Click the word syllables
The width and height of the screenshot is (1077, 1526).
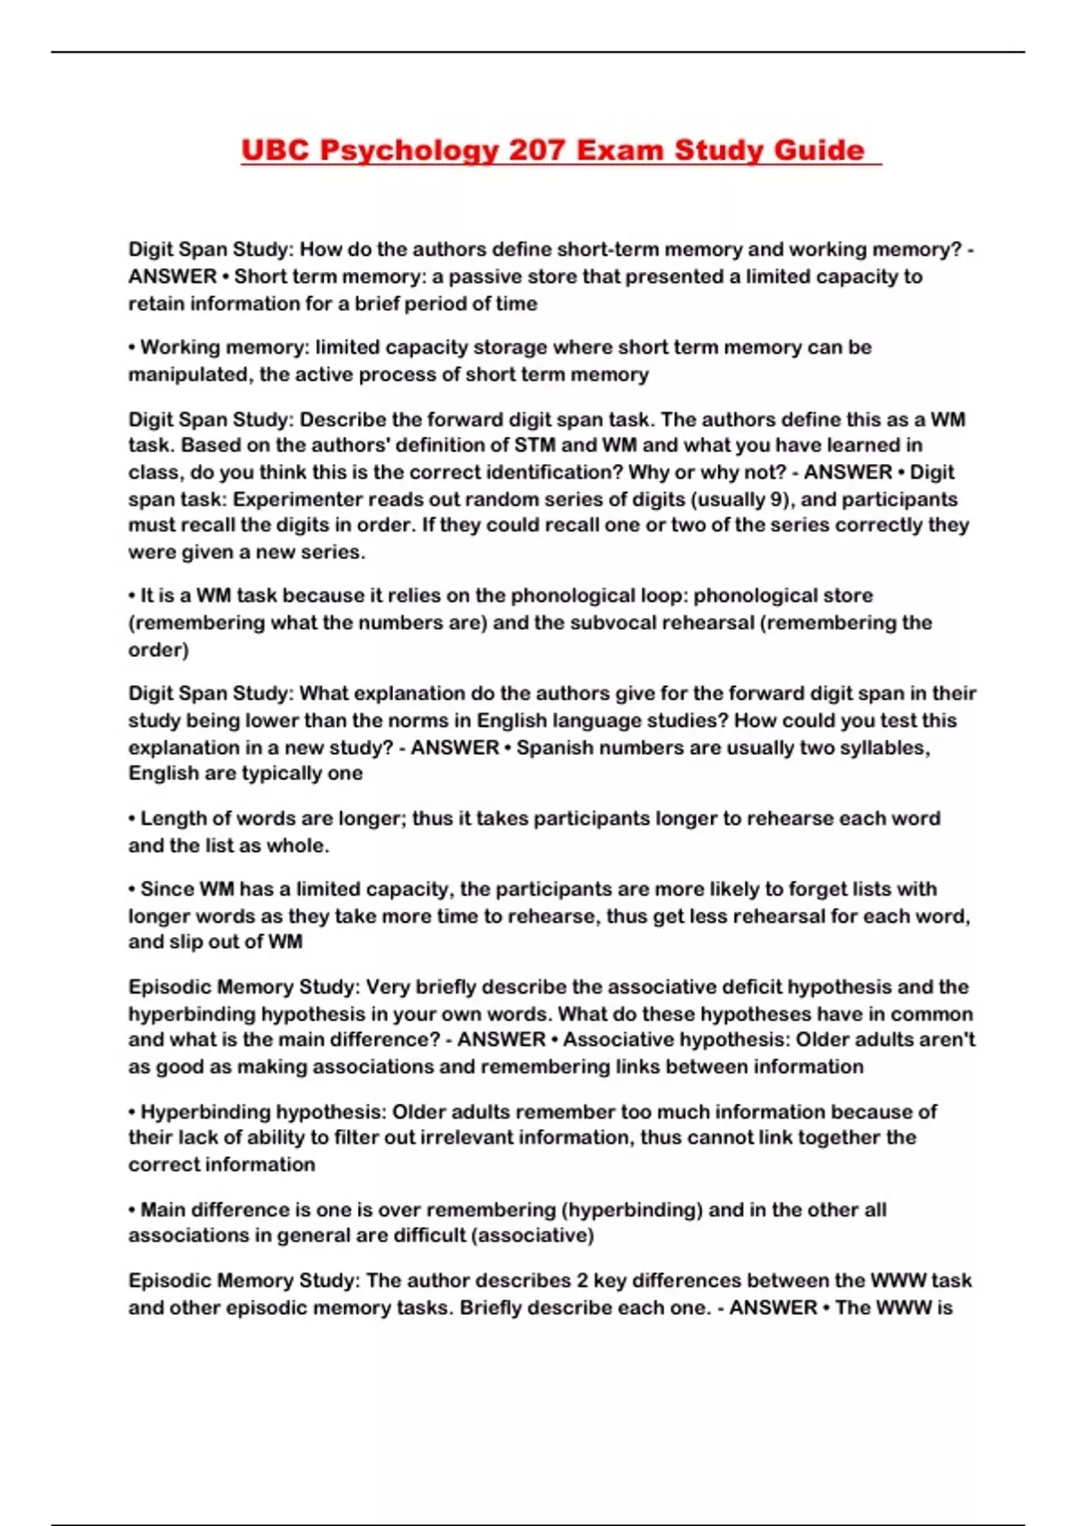click(884, 748)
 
